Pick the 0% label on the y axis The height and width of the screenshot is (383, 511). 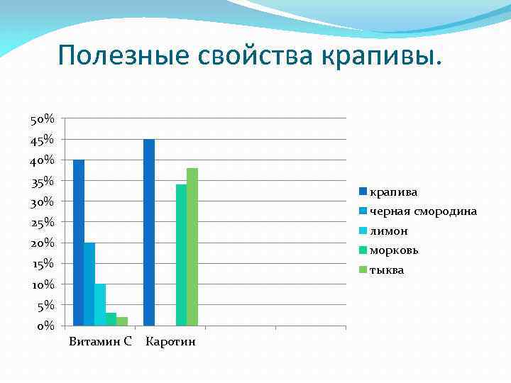pyautogui.click(x=45, y=326)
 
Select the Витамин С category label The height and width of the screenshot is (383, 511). pyautogui.click(x=100, y=342)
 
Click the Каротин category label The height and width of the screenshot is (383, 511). pyautogui.click(x=170, y=342)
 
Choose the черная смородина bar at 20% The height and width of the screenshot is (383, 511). pyautogui.click(x=89, y=284)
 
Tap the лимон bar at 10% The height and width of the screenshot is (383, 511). pyautogui.click(x=100, y=304)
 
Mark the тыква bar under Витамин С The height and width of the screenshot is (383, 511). pyautogui.click(x=122, y=321)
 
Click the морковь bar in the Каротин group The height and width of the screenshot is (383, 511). pyautogui.click(x=181, y=255)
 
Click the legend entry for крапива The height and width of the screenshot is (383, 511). pyautogui.click(x=389, y=192)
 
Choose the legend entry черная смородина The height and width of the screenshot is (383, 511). pyautogui.click(x=418, y=211)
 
